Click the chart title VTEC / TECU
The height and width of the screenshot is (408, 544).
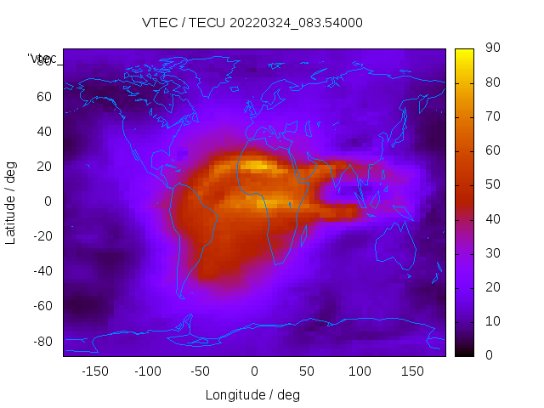click(x=252, y=23)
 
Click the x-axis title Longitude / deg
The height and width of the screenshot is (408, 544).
click(x=252, y=394)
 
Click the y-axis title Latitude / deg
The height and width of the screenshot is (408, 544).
click(x=11, y=201)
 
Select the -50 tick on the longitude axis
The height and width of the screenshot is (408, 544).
click(x=201, y=371)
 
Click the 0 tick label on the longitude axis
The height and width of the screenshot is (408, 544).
click(x=253, y=371)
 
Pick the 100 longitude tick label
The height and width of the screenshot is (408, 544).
click(x=360, y=371)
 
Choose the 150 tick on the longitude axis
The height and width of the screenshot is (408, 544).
click(x=412, y=371)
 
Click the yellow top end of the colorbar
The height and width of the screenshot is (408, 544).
click(x=464, y=53)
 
